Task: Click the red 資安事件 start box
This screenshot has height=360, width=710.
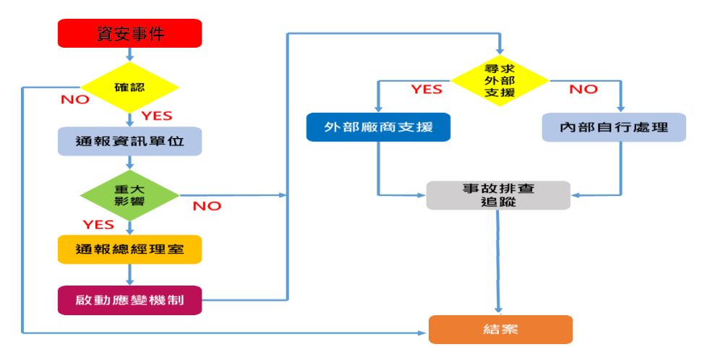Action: click(129, 33)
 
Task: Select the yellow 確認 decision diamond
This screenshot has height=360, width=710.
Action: click(129, 87)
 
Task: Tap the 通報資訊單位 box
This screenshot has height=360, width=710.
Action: click(129, 142)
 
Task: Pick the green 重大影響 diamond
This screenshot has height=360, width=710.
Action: click(129, 195)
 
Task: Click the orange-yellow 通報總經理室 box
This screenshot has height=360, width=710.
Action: click(129, 249)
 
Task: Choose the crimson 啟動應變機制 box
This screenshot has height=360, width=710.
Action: click(129, 299)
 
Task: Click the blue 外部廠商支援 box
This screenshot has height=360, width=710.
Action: click(378, 127)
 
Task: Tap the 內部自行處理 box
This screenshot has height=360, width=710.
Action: click(614, 127)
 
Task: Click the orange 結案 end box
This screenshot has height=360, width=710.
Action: click(500, 330)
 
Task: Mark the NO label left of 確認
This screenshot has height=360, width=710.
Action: click(75, 100)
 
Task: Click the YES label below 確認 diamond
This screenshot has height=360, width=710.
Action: click(156, 116)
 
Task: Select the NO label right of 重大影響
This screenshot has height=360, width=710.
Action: click(207, 206)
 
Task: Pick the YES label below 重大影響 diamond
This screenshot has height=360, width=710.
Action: click(98, 224)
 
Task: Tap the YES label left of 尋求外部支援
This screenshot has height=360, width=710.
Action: click(427, 90)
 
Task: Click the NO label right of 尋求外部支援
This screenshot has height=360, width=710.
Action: click(583, 90)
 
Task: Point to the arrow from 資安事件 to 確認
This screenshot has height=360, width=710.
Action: click(129, 54)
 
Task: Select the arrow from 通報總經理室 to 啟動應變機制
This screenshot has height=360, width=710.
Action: click(129, 275)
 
